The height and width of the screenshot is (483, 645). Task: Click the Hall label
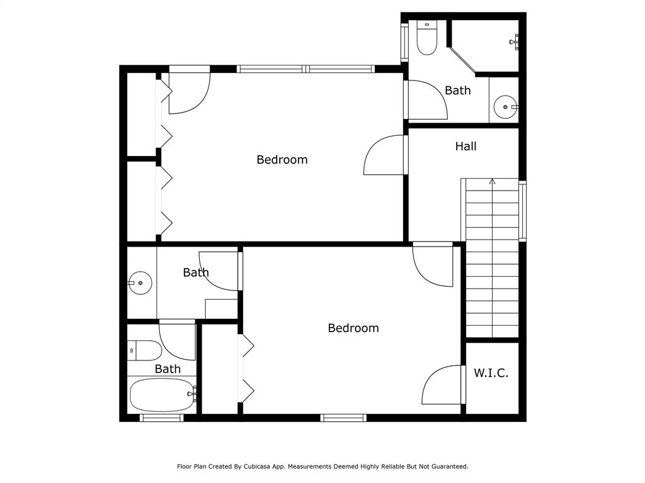(x=465, y=147)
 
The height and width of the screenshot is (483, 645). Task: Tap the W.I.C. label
(x=491, y=373)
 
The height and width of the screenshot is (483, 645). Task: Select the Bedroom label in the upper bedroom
(x=282, y=160)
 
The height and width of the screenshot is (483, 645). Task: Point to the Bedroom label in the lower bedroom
(x=353, y=328)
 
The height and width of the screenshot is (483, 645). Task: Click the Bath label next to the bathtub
(x=168, y=369)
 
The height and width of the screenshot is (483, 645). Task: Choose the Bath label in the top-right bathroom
(x=457, y=91)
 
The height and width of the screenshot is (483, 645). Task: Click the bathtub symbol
(x=162, y=394)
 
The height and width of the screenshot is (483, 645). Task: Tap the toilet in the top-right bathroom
(x=427, y=37)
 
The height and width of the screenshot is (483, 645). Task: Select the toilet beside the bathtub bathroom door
(x=144, y=350)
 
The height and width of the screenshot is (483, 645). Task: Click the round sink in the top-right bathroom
(x=505, y=107)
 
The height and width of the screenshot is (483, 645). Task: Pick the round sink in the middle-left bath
(x=140, y=283)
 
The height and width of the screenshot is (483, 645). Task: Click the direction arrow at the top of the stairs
(x=492, y=182)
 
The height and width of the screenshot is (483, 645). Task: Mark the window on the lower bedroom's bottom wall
(x=343, y=418)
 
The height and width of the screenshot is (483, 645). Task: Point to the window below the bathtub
(x=161, y=418)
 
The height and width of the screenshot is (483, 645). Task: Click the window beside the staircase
(x=522, y=211)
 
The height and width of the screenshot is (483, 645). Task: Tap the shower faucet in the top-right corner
(x=516, y=42)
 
